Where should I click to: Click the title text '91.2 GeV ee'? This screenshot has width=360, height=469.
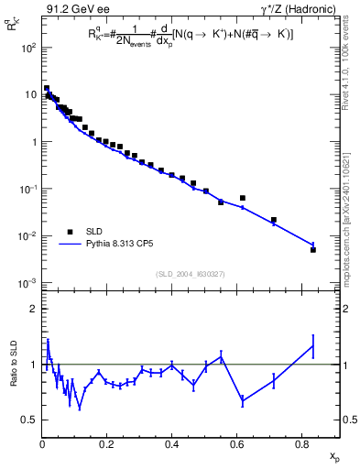[71, 9]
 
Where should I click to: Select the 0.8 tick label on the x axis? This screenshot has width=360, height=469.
[302, 442]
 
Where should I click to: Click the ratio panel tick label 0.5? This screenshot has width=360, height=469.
[28, 420]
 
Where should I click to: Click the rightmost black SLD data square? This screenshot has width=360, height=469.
[313, 249]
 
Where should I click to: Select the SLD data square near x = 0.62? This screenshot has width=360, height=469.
[243, 198]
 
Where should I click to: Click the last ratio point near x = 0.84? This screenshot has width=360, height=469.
[313, 345]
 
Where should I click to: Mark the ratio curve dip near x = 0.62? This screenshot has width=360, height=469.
[243, 400]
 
